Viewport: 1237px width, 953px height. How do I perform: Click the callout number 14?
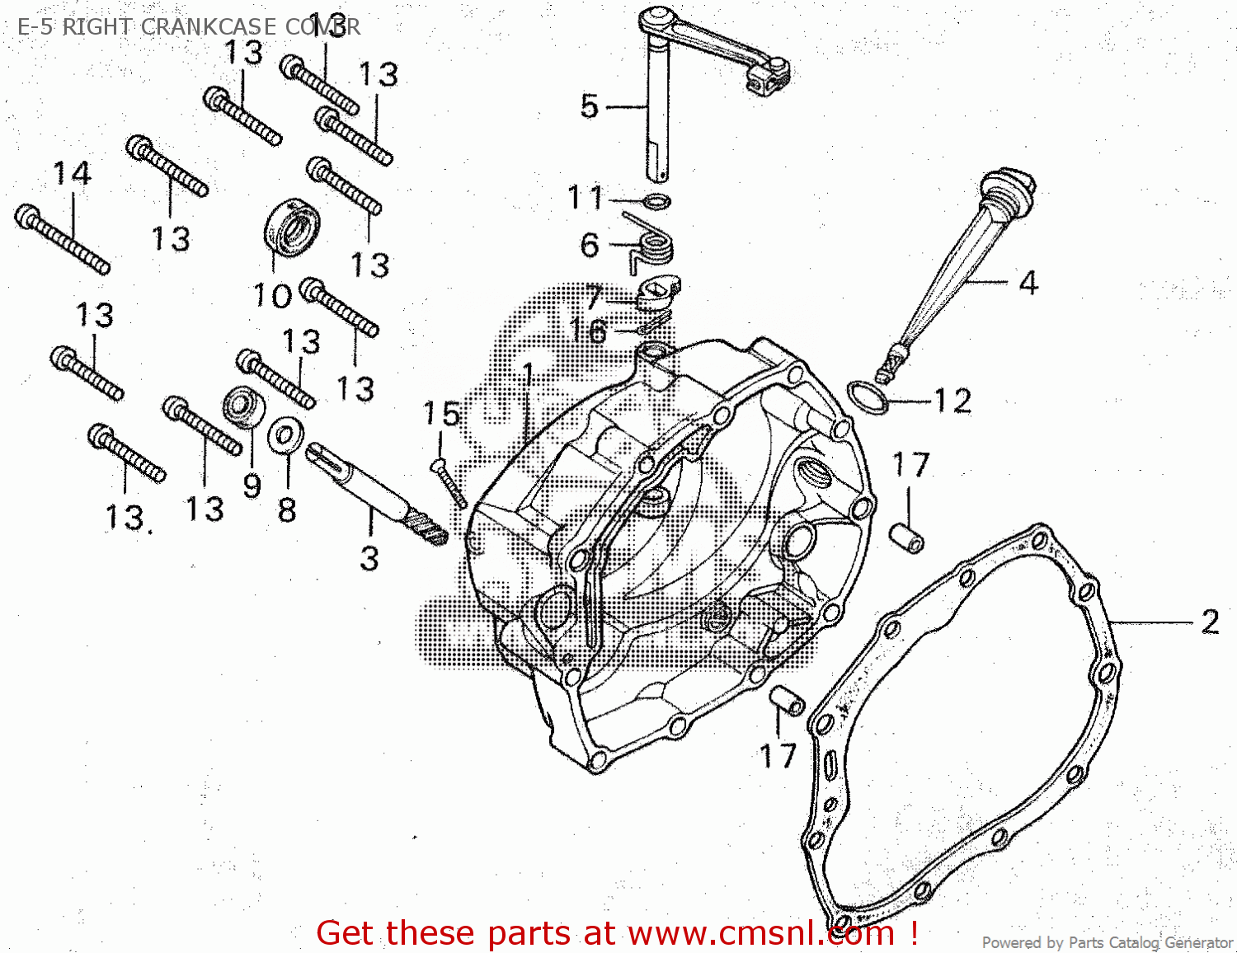(x=72, y=174)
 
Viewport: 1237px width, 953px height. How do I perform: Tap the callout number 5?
(x=589, y=106)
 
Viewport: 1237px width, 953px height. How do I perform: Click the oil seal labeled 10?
(x=292, y=226)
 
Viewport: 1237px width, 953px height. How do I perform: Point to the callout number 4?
(x=1028, y=284)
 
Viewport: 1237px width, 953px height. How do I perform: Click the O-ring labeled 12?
(x=868, y=397)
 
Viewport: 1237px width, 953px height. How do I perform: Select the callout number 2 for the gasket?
(x=1210, y=622)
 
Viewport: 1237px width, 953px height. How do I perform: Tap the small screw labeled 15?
(x=449, y=484)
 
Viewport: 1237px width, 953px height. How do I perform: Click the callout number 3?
(x=369, y=559)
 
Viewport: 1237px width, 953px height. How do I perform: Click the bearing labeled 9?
(x=243, y=406)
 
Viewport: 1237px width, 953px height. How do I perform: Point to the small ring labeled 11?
(x=656, y=201)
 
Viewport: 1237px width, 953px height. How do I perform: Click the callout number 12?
(x=952, y=401)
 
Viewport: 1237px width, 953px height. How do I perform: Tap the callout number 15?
(x=440, y=414)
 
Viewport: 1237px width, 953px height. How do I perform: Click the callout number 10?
(x=272, y=296)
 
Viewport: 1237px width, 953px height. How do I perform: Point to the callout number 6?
(x=590, y=245)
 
